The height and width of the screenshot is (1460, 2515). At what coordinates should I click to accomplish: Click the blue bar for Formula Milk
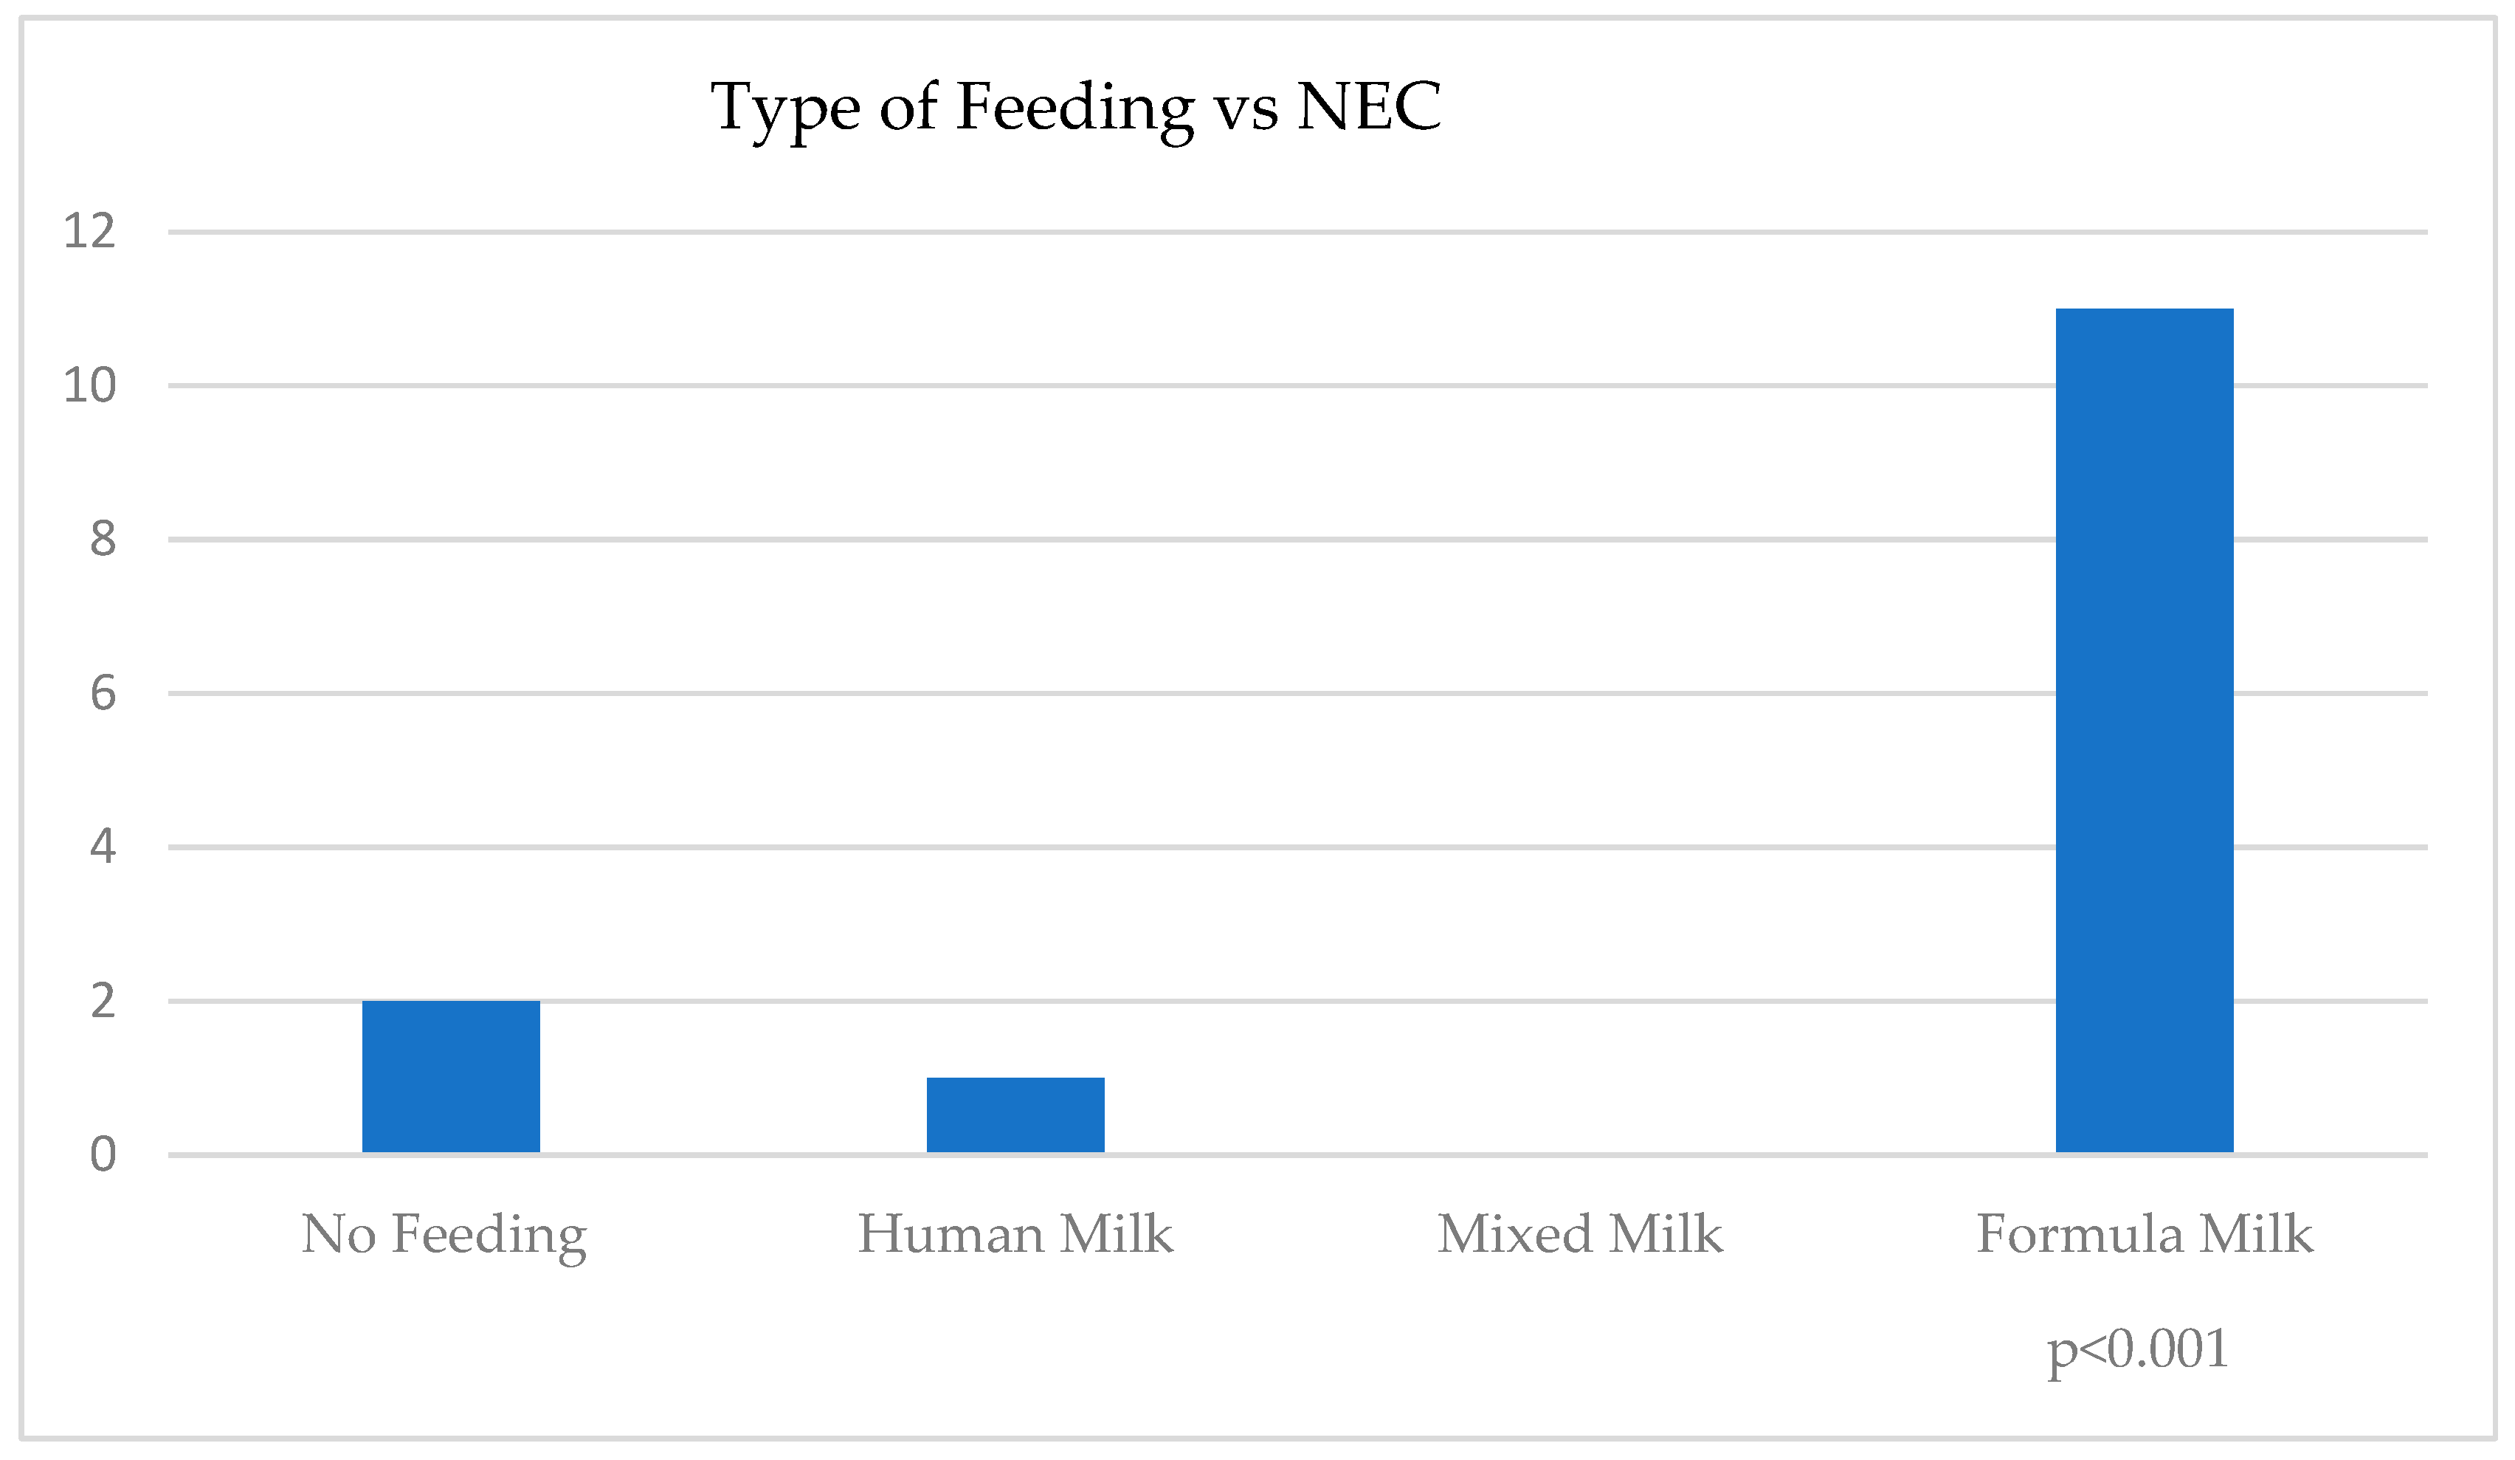coord(2144,731)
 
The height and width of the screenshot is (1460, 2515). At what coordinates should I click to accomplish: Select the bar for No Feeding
coord(451,1077)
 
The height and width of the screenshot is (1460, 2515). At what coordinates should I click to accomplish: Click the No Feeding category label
coord(444,1236)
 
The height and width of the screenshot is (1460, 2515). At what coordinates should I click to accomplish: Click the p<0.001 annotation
coord(2136,1349)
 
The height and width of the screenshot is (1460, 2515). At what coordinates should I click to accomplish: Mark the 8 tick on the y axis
coord(103,539)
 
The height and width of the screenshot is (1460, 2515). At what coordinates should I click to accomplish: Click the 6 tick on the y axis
coord(103,694)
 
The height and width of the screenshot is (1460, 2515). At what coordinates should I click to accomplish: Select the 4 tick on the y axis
coord(103,847)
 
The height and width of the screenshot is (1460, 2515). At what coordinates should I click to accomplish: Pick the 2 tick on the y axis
coord(103,1001)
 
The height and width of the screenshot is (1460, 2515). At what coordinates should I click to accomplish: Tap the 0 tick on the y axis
coord(103,1154)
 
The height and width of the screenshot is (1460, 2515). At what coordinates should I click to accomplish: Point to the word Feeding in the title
coord(1075,110)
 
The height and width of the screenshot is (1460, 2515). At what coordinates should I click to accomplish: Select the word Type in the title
coord(785,110)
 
